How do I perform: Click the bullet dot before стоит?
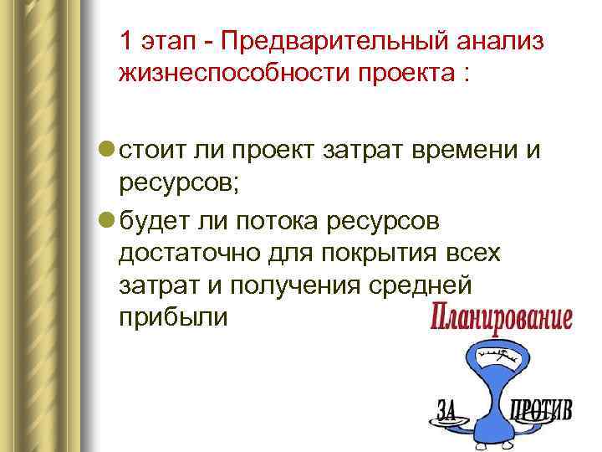108,149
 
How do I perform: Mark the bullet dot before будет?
108,219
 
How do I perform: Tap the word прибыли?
172,317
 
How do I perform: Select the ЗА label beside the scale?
448,411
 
